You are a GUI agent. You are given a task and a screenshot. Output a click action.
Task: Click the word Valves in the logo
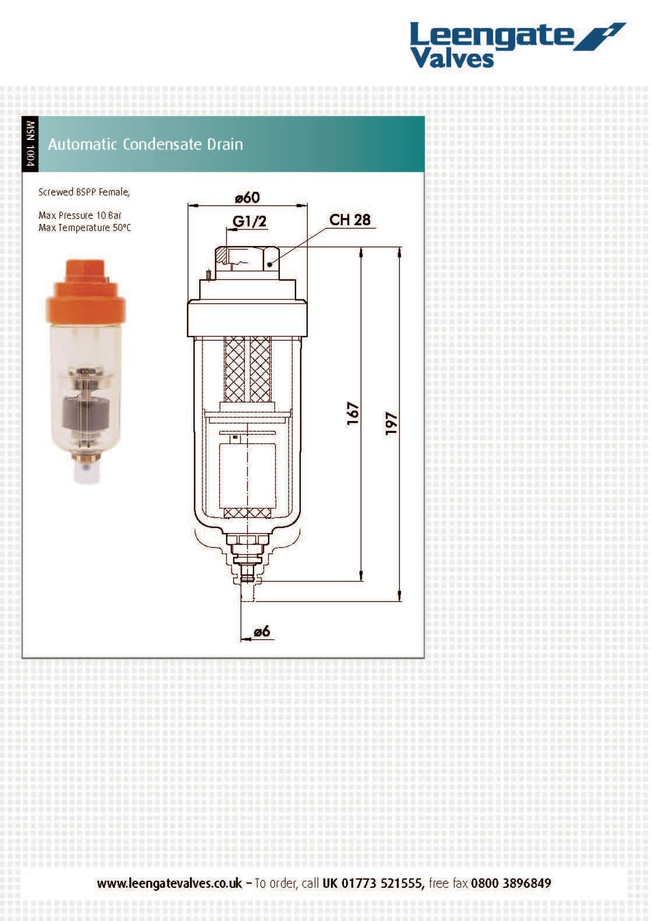point(452,59)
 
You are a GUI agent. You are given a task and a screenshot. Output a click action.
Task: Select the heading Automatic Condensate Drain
point(145,144)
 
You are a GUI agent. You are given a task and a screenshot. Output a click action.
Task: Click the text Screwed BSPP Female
point(84,192)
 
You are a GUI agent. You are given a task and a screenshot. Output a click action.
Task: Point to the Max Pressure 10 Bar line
point(80,215)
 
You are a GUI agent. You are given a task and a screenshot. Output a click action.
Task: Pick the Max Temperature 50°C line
point(85,227)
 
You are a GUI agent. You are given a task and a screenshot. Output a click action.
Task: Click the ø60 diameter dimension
point(247,198)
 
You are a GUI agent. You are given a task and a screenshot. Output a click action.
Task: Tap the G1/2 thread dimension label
point(249,221)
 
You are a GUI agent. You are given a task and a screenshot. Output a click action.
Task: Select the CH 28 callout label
point(350,220)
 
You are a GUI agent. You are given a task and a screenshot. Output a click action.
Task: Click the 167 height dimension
point(353,414)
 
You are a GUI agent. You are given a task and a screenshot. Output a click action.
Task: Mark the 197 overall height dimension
point(391,423)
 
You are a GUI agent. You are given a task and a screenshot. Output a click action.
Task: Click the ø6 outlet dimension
point(262,631)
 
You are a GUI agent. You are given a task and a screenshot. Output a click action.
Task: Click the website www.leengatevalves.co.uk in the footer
point(169,883)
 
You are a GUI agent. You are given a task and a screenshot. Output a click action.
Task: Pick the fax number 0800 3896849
point(511,883)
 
